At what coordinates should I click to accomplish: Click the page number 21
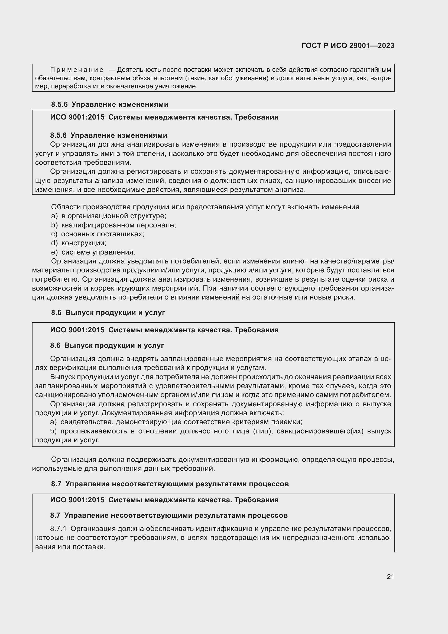(x=390, y=577)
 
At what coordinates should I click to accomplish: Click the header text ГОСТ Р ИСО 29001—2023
(x=348, y=46)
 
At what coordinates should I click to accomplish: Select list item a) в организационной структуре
(x=109, y=216)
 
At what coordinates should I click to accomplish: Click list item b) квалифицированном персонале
(x=113, y=225)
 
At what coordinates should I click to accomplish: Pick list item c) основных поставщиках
(x=98, y=234)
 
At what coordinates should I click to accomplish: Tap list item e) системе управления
(x=93, y=252)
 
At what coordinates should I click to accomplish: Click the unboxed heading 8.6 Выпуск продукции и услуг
(x=108, y=313)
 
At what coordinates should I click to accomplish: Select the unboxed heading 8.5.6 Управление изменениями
(x=109, y=104)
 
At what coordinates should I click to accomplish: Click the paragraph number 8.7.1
(x=58, y=529)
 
